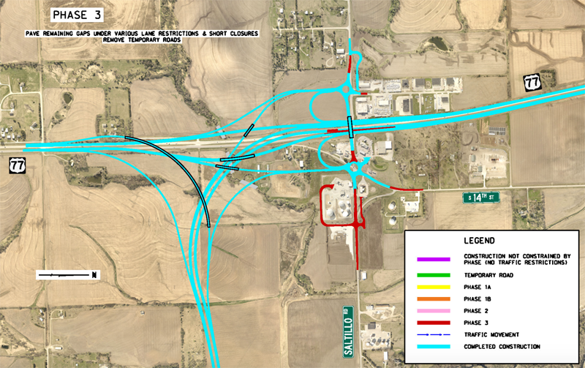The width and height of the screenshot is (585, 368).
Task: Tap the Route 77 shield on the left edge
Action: coord(15,165)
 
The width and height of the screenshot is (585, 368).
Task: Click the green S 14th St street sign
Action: coord(482,198)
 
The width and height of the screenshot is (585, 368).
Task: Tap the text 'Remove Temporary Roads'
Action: coord(154,40)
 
